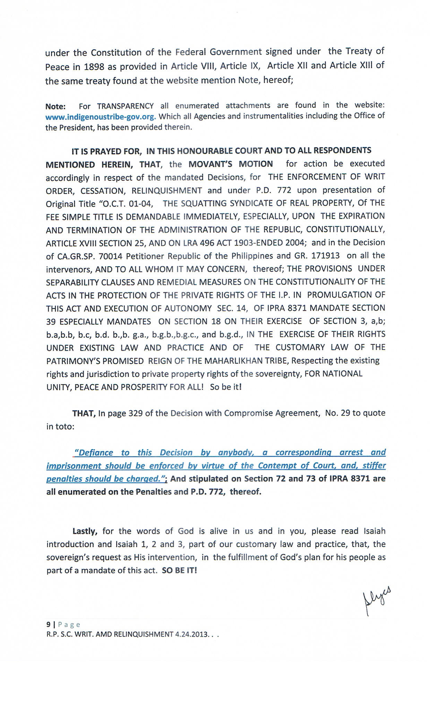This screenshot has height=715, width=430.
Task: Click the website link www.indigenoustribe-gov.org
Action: pos(101,116)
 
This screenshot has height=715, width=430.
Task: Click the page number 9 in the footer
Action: pos(48,625)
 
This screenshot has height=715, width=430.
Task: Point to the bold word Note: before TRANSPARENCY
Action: pos(55,106)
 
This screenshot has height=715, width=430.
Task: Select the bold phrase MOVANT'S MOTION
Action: pos(231,164)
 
